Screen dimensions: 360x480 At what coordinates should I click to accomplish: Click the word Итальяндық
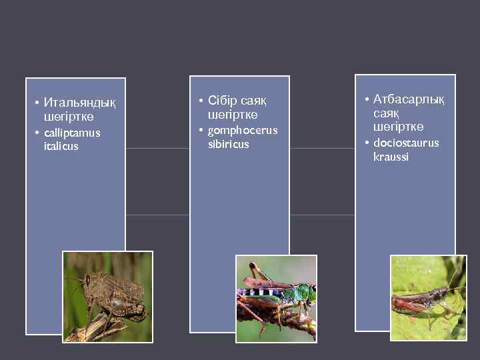click(79, 103)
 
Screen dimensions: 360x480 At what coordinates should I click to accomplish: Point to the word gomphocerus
click(243, 130)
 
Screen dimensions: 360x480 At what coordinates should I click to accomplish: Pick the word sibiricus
click(228, 144)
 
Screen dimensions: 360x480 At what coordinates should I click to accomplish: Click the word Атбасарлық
click(409, 99)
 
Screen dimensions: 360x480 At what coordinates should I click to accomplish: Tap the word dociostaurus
click(406, 143)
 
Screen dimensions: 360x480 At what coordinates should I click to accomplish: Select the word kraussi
click(391, 157)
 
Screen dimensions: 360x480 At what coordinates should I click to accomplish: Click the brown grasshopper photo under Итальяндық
click(108, 297)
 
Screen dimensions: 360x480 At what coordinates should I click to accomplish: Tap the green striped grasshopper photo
click(276, 298)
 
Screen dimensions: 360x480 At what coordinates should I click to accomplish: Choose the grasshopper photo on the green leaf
click(428, 297)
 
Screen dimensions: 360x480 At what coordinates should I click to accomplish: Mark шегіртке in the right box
click(398, 127)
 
